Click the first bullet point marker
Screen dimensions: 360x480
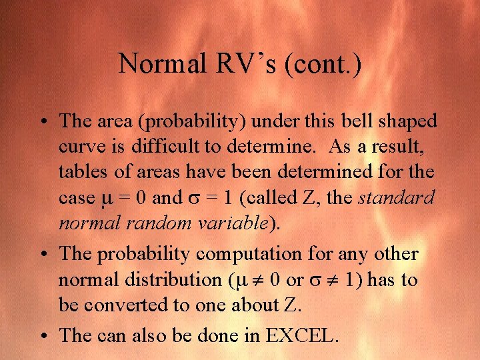point(43,121)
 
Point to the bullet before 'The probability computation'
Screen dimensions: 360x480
point(43,255)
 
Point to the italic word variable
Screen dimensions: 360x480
point(236,223)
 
